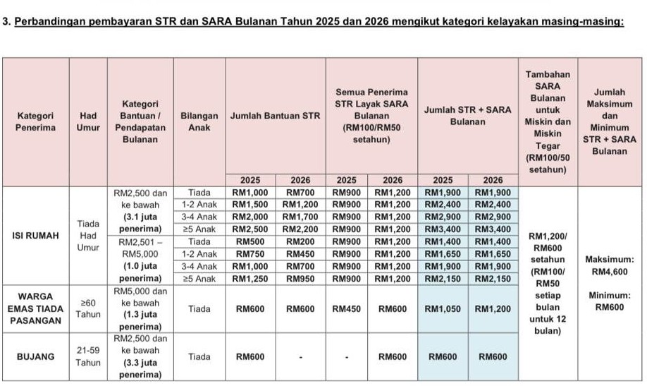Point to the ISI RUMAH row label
[x=35, y=236]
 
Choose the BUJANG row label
[x=35, y=357]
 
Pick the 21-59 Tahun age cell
[x=88, y=357]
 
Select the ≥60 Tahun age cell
[x=88, y=308]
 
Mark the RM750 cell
[x=250, y=254]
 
